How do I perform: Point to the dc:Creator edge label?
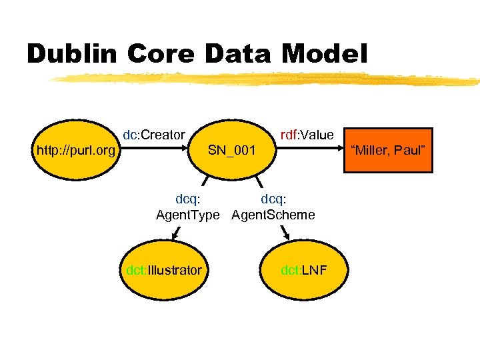153,135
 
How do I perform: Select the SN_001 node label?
231,150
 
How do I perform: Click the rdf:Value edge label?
307,135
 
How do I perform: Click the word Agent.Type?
187,215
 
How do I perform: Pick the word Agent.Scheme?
273,215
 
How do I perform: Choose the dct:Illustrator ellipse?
163,270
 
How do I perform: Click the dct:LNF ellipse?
303,270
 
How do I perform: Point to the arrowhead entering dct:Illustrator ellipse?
175,235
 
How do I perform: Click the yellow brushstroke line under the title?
267,80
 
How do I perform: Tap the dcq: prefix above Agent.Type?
189,199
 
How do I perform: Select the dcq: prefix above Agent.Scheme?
274,199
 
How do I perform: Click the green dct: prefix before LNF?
291,270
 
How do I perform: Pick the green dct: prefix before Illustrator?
137,270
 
